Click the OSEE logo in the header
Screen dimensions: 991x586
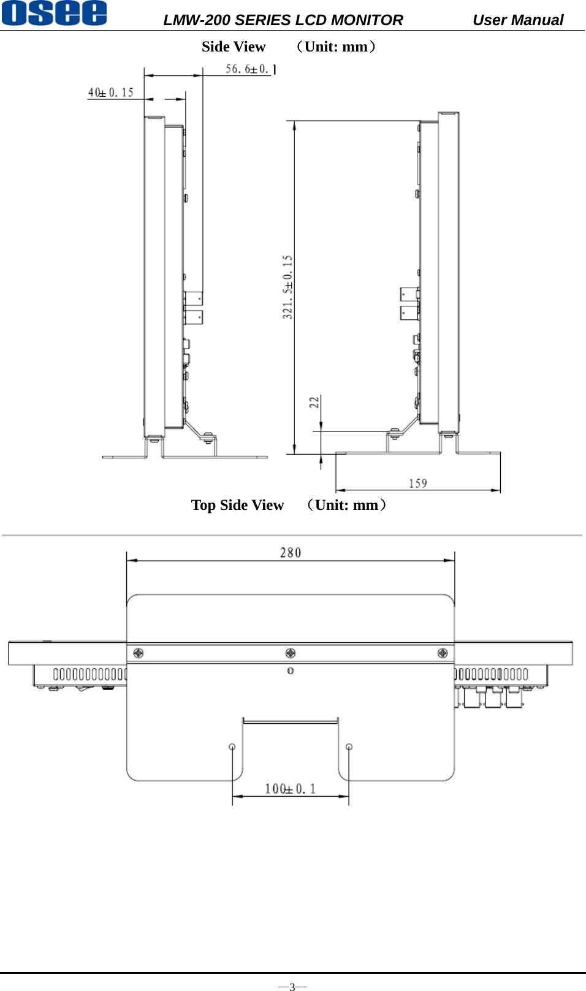[54, 13]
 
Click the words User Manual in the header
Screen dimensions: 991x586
[517, 20]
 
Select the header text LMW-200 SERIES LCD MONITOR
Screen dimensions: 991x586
[283, 20]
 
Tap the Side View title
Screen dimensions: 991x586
[233, 47]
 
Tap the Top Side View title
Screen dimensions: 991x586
[237, 506]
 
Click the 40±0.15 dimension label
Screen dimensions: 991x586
[110, 93]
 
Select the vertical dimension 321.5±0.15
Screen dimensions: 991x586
[287, 287]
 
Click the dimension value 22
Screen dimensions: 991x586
[314, 403]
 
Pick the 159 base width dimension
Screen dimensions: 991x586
[417, 484]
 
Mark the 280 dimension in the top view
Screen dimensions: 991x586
[290, 553]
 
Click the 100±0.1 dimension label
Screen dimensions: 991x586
[290, 789]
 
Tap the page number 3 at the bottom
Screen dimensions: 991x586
[292, 986]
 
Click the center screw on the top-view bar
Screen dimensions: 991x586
[291, 653]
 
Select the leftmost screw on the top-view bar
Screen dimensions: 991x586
[139, 653]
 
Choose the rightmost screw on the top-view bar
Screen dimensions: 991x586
[443, 653]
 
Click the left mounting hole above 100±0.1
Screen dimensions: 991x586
[232, 746]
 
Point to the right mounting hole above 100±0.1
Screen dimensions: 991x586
[349, 746]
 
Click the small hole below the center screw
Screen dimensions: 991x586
[291, 671]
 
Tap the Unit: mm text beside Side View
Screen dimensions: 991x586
[336, 47]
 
